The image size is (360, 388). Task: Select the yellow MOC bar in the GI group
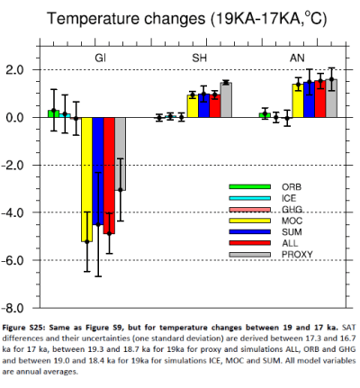(87, 179)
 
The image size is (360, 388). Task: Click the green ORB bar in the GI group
(53, 113)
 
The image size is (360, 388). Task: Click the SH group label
(200, 58)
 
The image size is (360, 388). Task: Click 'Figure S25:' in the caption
(27, 326)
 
